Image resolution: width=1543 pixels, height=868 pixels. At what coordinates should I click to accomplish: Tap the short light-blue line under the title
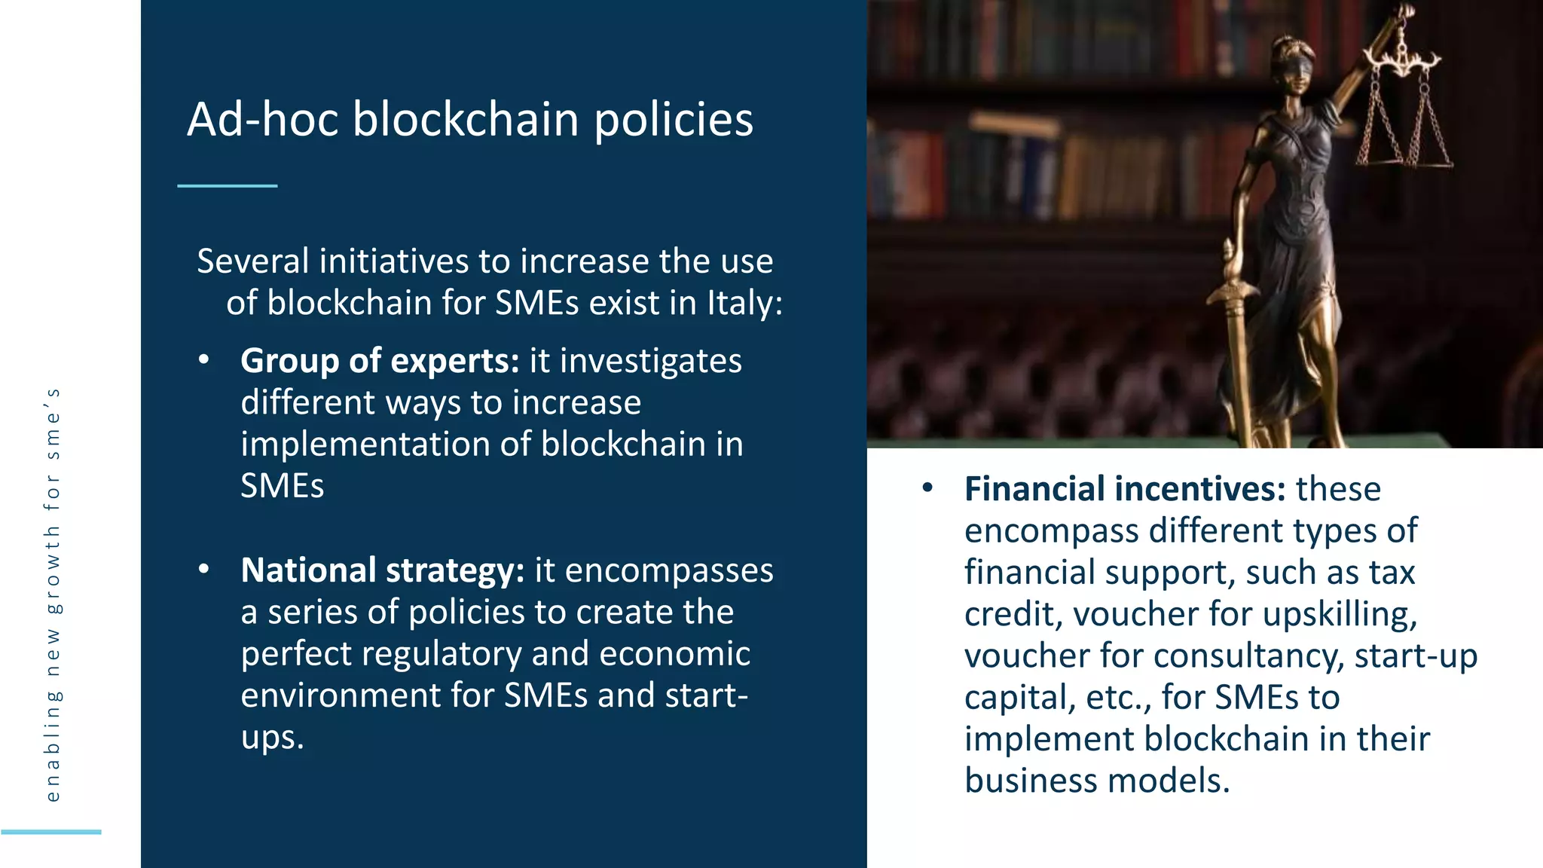228,185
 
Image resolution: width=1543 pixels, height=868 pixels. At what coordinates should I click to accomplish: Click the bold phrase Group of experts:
380,361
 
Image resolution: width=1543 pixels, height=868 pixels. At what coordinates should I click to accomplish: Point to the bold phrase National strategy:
382,570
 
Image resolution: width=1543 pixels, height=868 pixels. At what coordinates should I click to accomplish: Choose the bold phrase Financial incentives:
1125,489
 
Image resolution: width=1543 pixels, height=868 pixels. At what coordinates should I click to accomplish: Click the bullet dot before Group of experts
203,360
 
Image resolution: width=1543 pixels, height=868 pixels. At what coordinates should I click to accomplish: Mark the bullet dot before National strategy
203,570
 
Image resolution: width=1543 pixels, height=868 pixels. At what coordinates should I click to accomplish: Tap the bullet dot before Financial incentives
927,488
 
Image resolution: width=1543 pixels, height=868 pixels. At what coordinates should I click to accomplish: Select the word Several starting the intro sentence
253,261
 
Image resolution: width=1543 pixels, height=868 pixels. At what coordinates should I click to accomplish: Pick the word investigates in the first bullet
650,361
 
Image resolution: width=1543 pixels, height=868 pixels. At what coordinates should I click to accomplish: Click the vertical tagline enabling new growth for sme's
52,595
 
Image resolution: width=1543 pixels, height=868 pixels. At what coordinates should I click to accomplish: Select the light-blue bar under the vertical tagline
51,832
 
